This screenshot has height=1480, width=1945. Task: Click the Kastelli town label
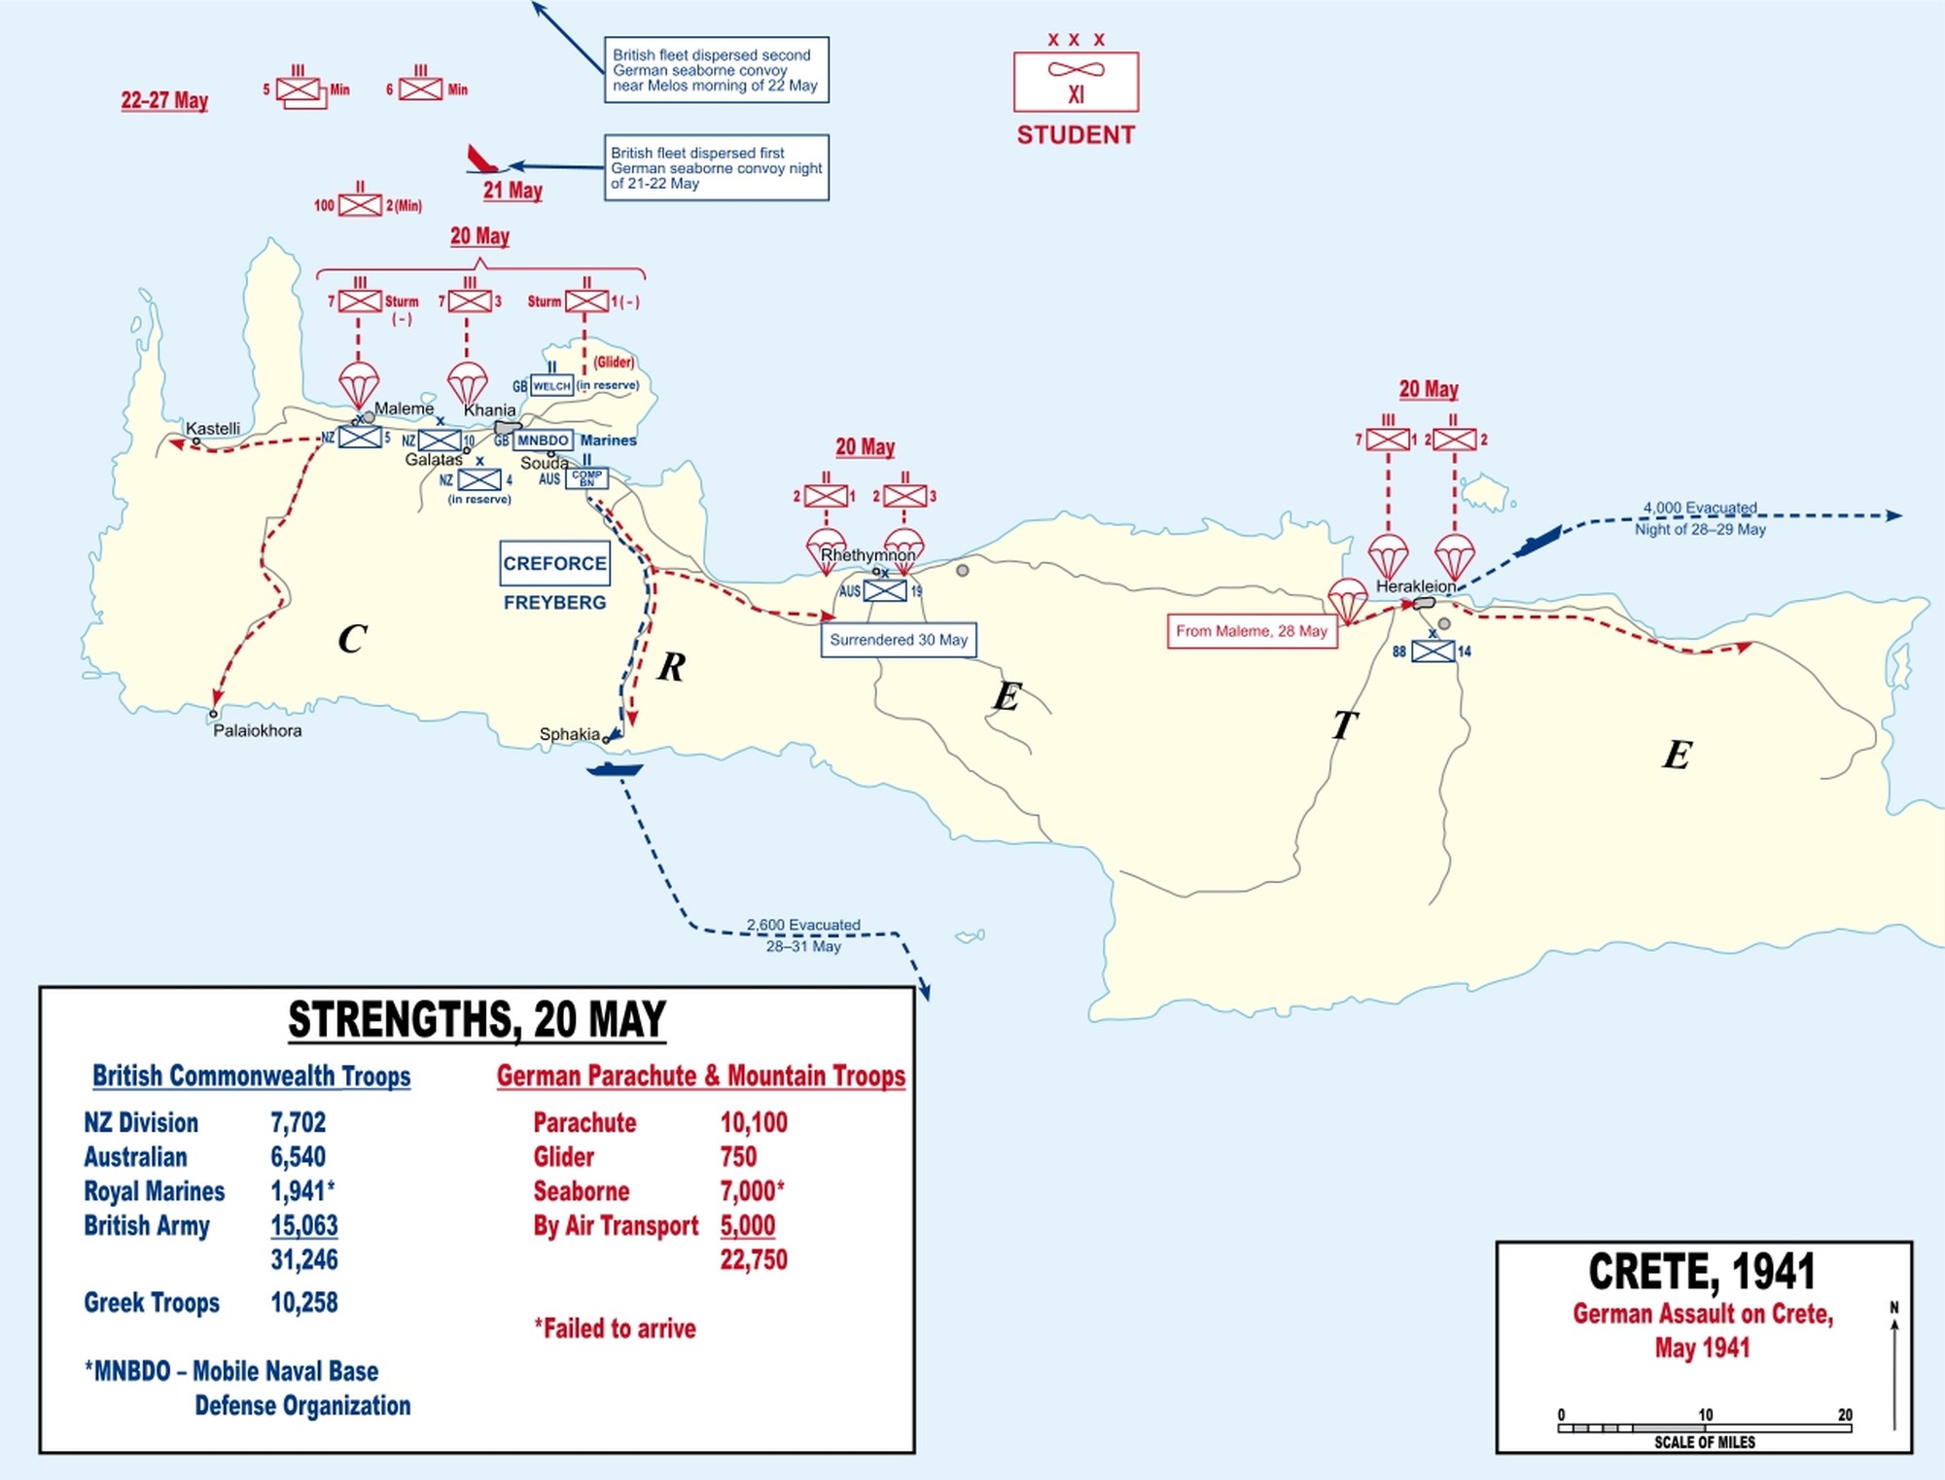point(212,429)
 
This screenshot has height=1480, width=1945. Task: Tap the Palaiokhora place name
point(258,730)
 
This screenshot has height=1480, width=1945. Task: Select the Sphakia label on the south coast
point(570,734)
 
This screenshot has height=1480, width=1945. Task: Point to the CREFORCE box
point(554,564)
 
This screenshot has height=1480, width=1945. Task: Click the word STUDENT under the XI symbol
point(1076,135)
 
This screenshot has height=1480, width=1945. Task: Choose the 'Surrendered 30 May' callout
point(899,640)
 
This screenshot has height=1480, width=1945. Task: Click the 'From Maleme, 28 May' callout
point(1252,631)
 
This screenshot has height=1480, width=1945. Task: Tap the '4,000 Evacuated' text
point(1700,508)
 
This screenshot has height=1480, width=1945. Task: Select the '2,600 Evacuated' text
point(803,925)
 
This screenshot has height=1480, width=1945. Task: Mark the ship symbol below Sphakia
point(615,770)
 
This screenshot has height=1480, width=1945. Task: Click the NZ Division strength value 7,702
point(298,1122)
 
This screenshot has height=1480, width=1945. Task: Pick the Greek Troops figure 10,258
point(303,1302)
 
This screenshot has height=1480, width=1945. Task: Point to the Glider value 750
point(738,1156)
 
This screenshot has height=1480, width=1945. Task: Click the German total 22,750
point(754,1259)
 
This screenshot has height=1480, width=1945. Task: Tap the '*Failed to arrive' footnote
point(615,1328)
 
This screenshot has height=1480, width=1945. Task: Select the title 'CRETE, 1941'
point(1702,1271)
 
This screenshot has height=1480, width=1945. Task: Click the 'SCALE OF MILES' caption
point(1705,1442)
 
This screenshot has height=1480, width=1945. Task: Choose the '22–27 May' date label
point(164,100)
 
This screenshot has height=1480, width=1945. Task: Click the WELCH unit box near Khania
point(551,386)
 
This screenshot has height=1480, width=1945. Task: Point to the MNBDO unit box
point(543,440)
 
